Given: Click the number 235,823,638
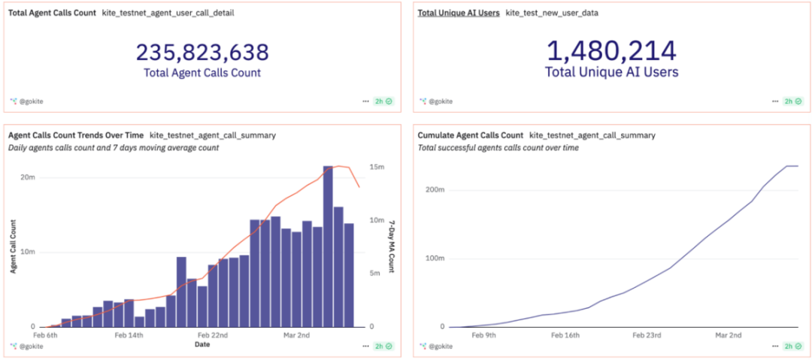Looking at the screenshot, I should pos(202,52).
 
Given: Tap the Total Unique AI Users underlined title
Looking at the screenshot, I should pos(459,13).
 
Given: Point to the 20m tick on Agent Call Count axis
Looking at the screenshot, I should pos(28,177).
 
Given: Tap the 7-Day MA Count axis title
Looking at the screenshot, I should pos(391,246).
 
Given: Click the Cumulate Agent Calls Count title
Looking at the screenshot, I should pos(470,135).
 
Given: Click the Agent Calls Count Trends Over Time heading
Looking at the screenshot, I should pos(75,135).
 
